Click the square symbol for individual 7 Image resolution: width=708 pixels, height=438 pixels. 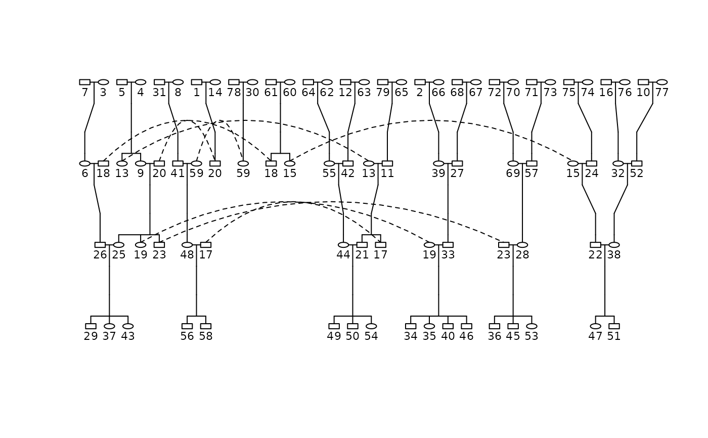click(x=84, y=82)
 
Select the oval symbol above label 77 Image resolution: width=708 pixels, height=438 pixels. click(x=661, y=82)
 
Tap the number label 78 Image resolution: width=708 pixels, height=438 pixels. click(x=234, y=93)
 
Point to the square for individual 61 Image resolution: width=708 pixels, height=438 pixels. click(x=271, y=82)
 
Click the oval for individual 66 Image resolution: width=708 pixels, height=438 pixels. click(x=438, y=82)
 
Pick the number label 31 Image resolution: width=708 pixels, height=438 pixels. click(x=159, y=93)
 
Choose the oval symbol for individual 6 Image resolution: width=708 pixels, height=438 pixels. click(x=84, y=163)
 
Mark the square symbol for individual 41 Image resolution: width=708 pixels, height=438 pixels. click(x=178, y=163)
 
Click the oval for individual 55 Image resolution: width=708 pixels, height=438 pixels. click(x=329, y=163)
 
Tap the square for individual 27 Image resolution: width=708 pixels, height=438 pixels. click(x=457, y=163)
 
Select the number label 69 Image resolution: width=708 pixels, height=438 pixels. click(x=513, y=174)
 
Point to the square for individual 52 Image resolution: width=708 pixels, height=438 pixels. click(x=637, y=163)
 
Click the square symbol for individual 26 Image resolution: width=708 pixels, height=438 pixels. click(x=100, y=245)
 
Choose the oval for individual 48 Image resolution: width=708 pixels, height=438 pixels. click(x=187, y=245)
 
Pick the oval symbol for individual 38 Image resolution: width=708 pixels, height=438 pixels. click(x=614, y=245)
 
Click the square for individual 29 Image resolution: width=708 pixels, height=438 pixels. click(x=91, y=326)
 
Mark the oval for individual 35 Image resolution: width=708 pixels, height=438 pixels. click(x=429, y=326)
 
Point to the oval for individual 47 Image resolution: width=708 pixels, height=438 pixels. click(x=595, y=326)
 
